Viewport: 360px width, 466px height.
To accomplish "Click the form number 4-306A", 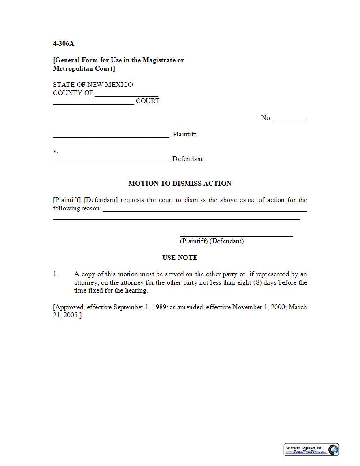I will tap(64, 44).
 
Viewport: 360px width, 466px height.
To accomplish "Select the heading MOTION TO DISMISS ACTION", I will tap(180, 184).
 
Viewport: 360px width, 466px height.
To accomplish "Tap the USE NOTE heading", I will tap(180, 258).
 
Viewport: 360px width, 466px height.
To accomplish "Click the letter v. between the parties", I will tap(56, 151).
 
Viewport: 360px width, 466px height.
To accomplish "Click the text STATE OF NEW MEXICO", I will tap(93, 85).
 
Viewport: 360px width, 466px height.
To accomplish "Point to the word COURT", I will tap(147, 101).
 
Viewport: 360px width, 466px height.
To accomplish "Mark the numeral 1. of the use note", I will tap(56, 274).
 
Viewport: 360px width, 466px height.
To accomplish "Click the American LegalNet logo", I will tap(311, 450).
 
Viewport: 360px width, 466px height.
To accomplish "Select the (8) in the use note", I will tap(258, 283).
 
